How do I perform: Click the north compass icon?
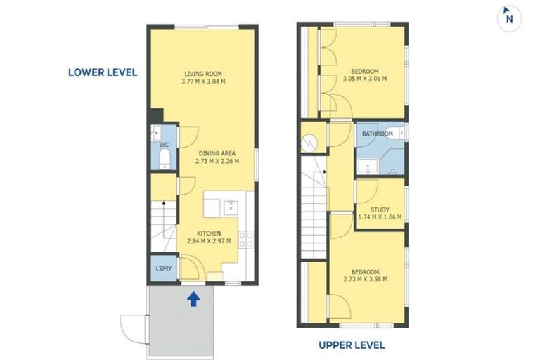click(x=509, y=18)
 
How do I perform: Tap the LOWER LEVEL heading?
click(x=102, y=72)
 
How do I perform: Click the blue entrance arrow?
click(x=193, y=299)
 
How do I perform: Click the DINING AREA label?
click(x=217, y=153)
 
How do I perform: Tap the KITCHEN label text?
click(x=210, y=233)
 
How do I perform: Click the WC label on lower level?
click(x=165, y=145)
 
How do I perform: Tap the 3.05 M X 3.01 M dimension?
click(x=365, y=79)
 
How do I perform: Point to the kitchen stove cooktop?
click(x=245, y=239)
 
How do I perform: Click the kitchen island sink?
click(x=231, y=206)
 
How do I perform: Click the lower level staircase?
click(x=164, y=225)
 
